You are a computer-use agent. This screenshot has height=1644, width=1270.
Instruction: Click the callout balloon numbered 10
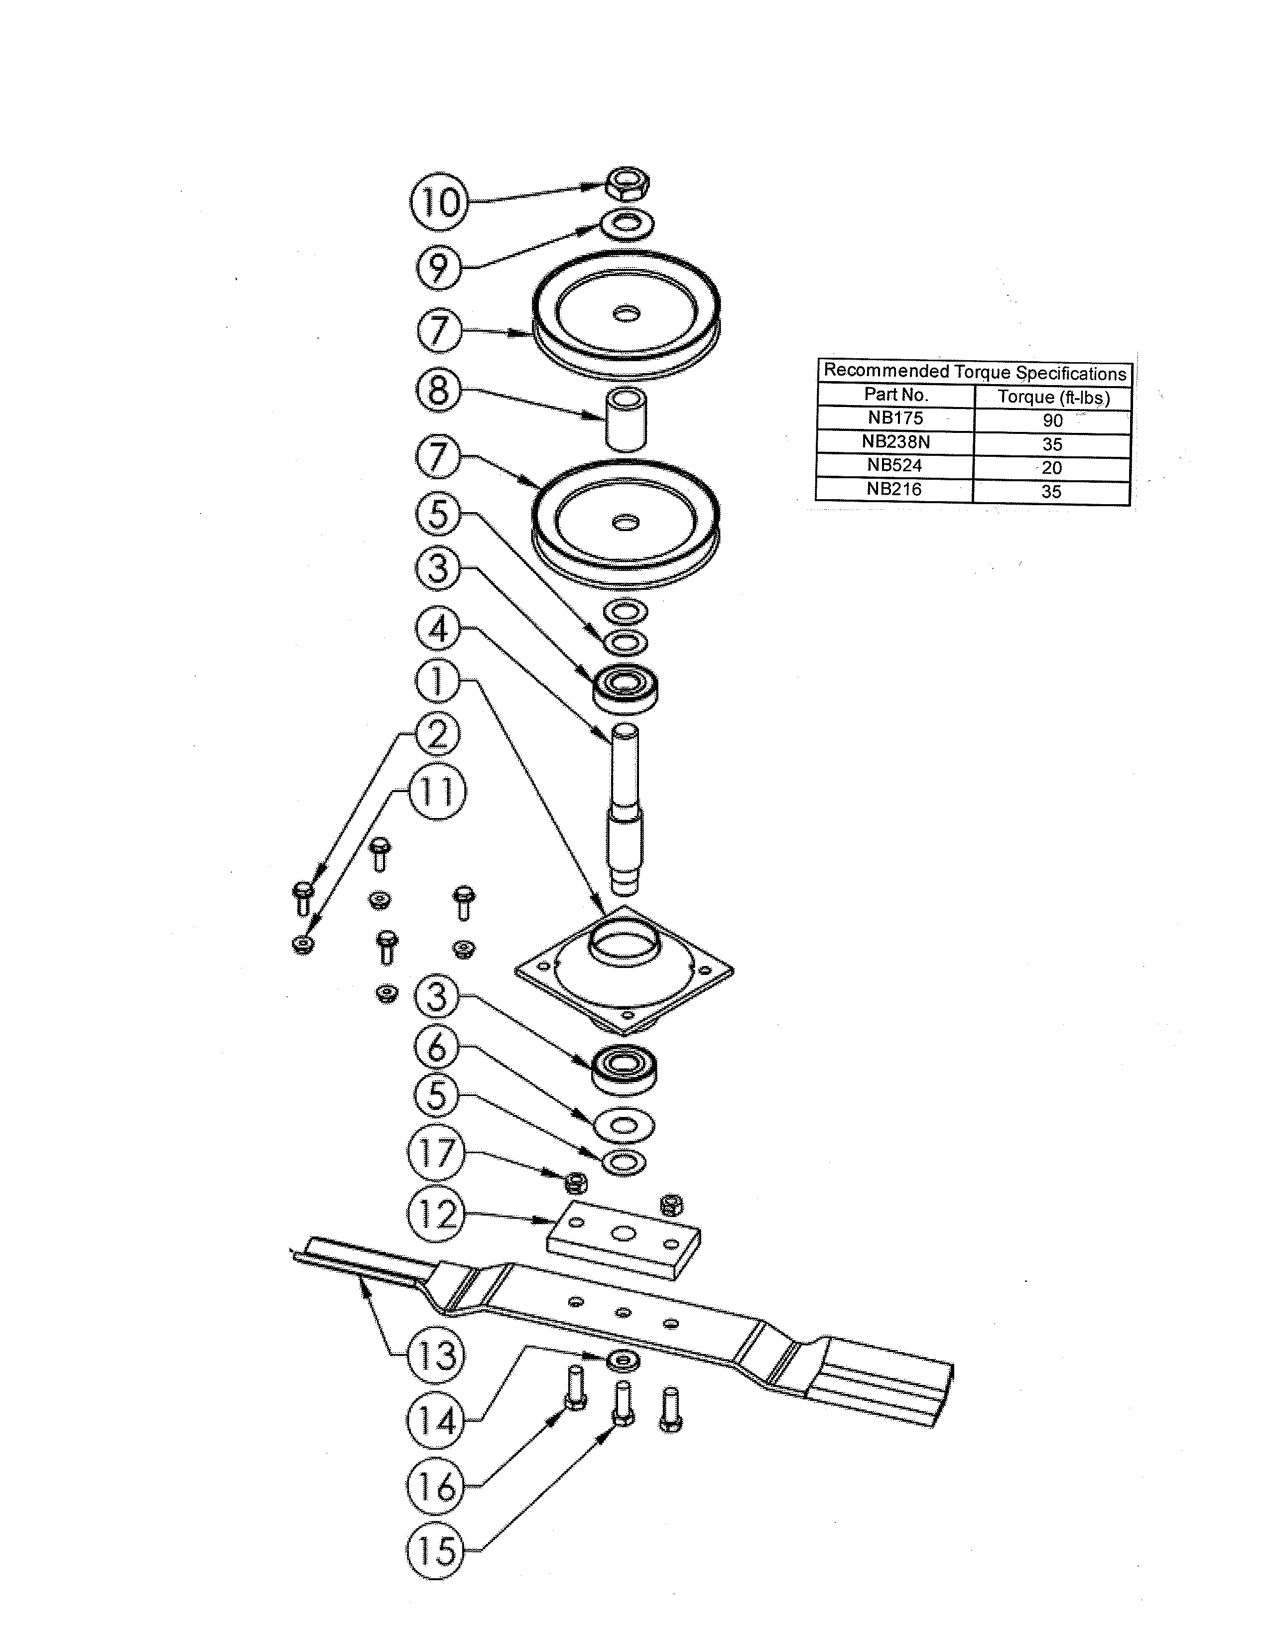(x=439, y=202)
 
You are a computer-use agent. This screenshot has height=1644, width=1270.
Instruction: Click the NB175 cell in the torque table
(x=894, y=418)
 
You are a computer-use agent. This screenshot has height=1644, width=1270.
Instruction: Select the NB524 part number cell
(x=894, y=465)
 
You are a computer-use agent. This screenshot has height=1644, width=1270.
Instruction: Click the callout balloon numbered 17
(x=436, y=1152)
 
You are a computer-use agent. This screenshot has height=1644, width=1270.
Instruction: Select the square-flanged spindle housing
(x=625, y=971)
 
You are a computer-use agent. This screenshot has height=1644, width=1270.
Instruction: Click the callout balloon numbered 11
(x=437, y=792)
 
